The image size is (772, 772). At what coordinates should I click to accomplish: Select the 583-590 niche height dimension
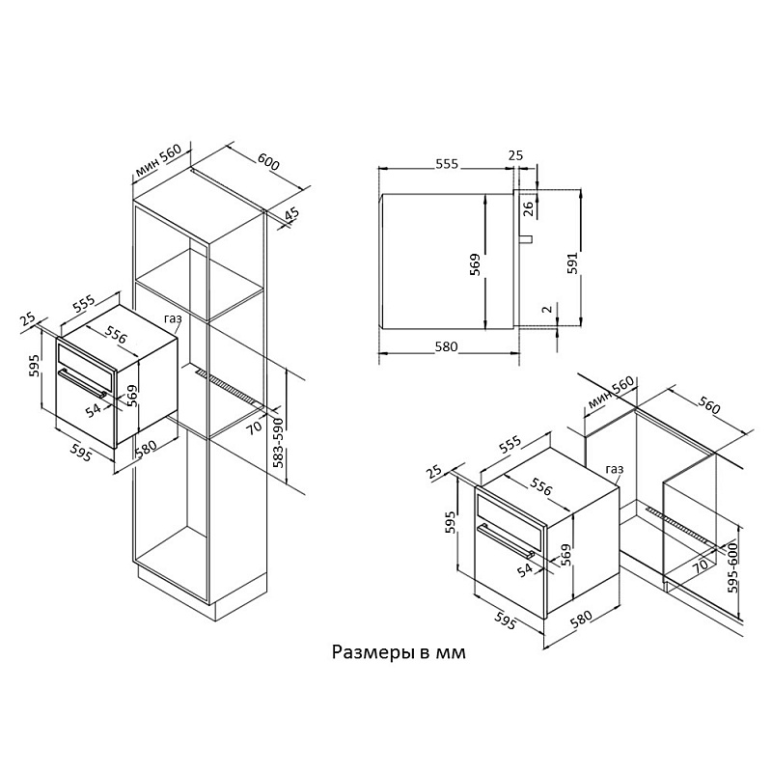(279, 445)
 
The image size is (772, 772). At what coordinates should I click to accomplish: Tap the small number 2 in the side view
(546, 309)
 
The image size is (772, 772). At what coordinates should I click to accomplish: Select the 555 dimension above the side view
(445, 164)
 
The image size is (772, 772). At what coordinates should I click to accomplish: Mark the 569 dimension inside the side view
(475, 264)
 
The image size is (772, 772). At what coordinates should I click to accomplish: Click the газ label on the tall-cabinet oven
(173, 319)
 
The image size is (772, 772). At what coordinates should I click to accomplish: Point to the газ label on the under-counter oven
(615, 470)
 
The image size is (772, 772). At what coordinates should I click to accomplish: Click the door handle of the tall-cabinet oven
(83, 382)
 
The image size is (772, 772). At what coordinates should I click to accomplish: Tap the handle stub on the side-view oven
(527, 236)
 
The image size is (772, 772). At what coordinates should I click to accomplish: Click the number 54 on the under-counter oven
(527, 571)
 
